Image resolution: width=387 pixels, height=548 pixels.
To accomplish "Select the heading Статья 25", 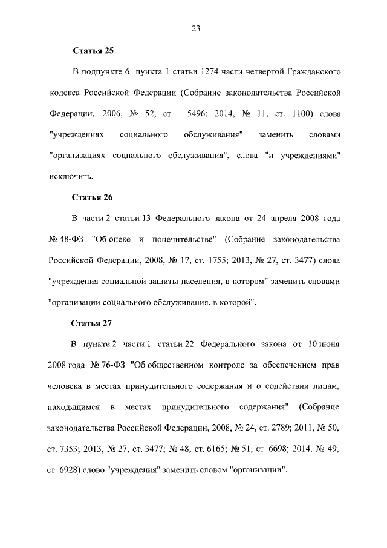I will click(93, 50).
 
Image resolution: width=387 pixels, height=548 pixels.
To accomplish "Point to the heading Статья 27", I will click(93, 322).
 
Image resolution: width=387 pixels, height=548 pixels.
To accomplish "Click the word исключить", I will click(71, 177).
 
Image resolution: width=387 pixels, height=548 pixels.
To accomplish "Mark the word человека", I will click(65, 386).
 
